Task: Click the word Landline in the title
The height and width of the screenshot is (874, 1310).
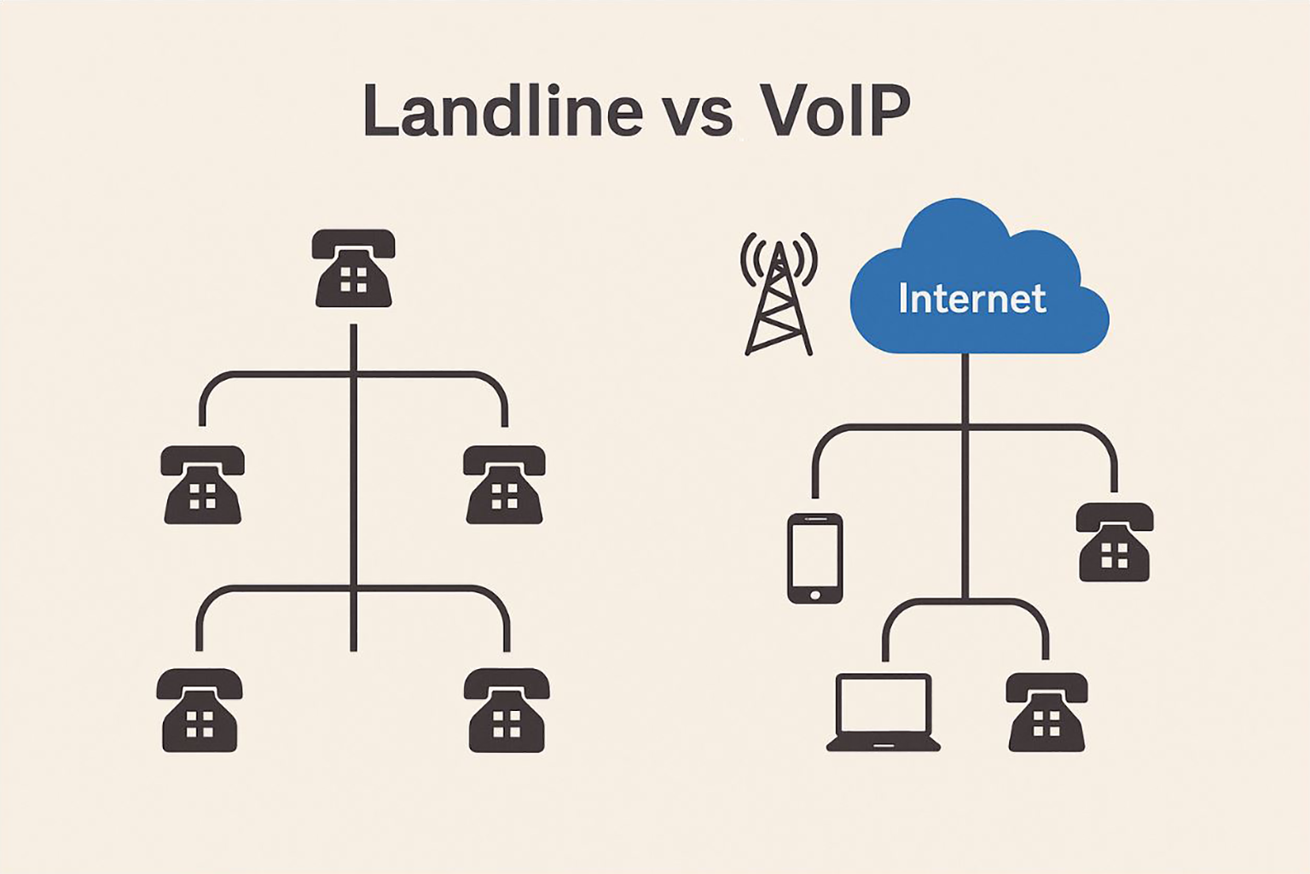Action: (502, 111)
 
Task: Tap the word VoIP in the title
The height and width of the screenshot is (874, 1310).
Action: (834, 111)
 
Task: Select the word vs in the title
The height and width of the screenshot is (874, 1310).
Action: (697, 114)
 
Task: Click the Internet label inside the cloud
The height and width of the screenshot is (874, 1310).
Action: (971, 299)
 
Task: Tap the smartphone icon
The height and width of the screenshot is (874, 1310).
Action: (814, 558)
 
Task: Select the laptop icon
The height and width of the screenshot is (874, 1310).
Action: (883, 713)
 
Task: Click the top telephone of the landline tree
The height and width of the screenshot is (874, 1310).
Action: (353, 268)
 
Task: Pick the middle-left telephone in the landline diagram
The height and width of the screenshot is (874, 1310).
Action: (202, 484)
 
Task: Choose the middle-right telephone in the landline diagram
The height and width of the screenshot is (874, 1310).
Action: (504, 484)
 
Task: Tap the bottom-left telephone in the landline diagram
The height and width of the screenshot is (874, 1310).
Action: (200, 710)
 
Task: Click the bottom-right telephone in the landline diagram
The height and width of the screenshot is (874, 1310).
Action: (506, 710)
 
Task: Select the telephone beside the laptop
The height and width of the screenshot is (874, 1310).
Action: (1046, 712)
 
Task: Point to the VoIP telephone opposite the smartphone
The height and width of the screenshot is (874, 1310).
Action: (1114, 542)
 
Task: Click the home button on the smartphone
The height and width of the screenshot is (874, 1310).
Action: (814, 595)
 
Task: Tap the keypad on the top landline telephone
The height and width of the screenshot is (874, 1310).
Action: (353, 280)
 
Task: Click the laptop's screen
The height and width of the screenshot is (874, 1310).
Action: (883, 706)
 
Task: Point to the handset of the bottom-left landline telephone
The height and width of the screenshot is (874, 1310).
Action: (200, 684)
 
